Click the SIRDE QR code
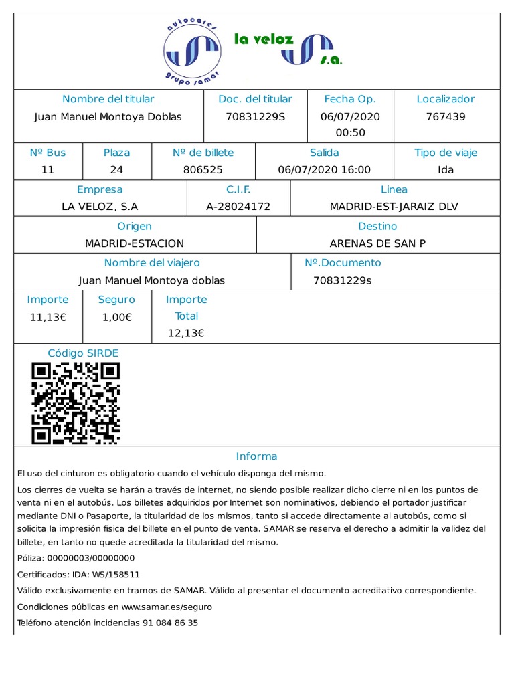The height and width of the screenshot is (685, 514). pyautogui.click(x=76, y=403)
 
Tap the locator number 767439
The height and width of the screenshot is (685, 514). pyautogui.click(x=446, y=116)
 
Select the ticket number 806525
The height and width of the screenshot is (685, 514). pyautogui.click(x=203, y=170)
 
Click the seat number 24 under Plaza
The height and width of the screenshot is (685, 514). pyautogui.click(x=116, y=170)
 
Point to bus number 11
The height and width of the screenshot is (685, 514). pyautogui.click(x=48, y=170)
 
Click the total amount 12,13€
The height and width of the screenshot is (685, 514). pyautogui.click(x=186, y=333)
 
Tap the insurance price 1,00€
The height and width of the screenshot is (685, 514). pyautogui.click(x=116, y=317)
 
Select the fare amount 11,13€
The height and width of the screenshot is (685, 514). pyautogui.click(x=48, y=317)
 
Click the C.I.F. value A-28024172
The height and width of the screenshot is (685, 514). pyautogui.click(x=238, y=207)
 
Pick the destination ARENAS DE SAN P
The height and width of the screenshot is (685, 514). pyautogui.click(x=377, y=243)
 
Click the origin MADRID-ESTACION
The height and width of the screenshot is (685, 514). pyautogui.click(x=135, y=243)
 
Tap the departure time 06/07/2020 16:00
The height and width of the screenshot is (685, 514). pyautogui.click(x=324, y=170)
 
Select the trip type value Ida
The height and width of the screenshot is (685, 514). pyautogui.click(x=446, y=170)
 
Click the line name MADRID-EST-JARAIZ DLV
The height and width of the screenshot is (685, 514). pyautogui.click(x=394, y=207)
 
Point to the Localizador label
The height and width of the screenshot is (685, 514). pyautogui.click(x=446, y=99)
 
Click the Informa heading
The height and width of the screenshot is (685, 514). pyautogui.click(x=256, y=456)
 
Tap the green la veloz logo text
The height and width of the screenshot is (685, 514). pyautogui.click(x=264, y=39)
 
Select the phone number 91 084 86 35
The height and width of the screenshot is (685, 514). pyautogui.click(x=170, y=623)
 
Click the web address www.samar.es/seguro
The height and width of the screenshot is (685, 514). pyautogui.click(x=167, y=607)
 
